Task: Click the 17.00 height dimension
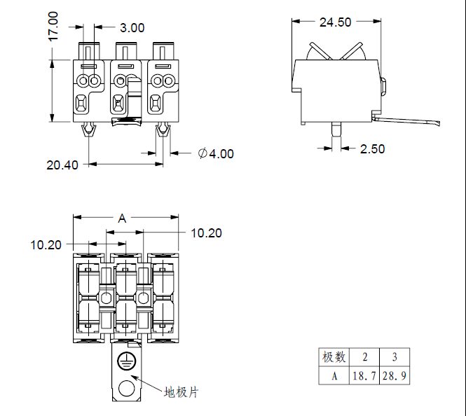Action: pos(53,26)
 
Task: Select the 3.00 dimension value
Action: pos(132,28)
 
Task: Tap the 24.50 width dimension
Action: pos(335,22)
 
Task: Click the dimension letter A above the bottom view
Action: pos(122,219)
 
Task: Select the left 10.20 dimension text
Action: pos(46,245)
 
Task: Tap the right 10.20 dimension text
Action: pos(206,233)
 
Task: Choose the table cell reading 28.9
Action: pos(395,376)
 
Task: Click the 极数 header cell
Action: pos(334,357)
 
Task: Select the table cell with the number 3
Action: pos(395,357)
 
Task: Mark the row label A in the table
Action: pos(334,376)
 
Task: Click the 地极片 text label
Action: pos(181,391)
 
